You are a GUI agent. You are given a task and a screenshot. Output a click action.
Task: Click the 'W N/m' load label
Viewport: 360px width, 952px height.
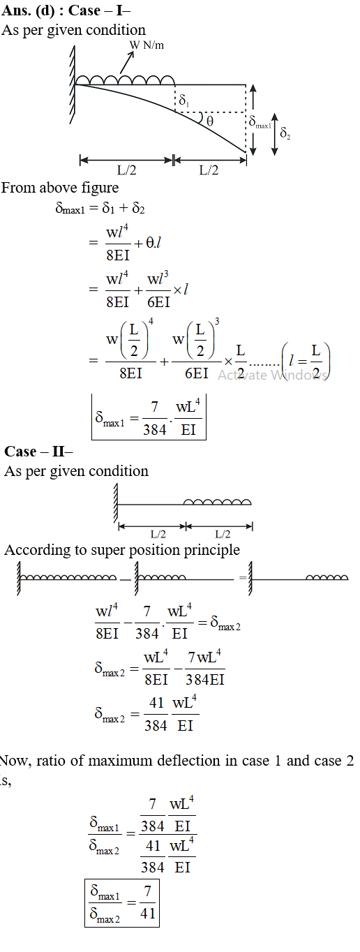click(147, 45)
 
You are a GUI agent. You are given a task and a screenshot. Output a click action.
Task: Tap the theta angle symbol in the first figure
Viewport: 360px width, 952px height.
click(209, 121)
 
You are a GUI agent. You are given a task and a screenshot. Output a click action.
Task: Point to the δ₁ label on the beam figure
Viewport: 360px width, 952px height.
click(184, 101)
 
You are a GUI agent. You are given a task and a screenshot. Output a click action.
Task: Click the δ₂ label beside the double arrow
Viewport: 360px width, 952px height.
click(285, 133)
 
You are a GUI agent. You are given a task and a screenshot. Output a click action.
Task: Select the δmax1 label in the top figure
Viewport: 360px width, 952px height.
click(260, 122)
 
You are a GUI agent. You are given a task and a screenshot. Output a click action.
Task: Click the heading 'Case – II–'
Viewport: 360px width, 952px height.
click(38, 451)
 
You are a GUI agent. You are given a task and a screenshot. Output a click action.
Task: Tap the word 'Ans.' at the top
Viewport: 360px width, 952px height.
click(16, 10)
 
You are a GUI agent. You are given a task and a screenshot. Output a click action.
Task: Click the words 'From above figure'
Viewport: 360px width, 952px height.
click(60, 188)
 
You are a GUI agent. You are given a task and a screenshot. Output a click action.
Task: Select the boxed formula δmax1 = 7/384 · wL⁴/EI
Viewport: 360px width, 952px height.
click(149, 417)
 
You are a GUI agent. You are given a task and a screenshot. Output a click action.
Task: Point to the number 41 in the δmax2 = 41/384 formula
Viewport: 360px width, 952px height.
click(156, 703)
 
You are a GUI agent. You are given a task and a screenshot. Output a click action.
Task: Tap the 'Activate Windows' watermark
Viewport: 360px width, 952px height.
click(273, 375)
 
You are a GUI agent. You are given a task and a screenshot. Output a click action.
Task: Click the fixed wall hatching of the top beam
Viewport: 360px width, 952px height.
click(73, 85)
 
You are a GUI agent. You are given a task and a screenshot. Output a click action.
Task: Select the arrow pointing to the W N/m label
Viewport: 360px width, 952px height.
click(127, 63)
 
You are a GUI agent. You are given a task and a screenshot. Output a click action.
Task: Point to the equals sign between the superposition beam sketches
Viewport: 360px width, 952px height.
click(243, 578)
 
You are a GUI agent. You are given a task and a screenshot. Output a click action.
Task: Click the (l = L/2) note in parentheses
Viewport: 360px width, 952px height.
click(305, 362)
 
